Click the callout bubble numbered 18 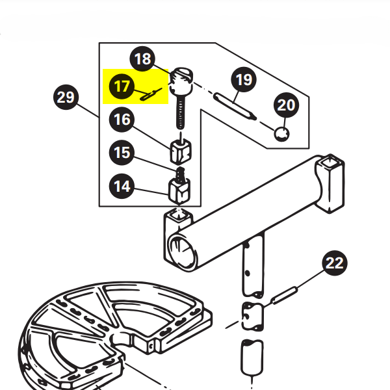[142, 59]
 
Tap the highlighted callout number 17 [122, 86]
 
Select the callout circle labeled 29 [66, 97]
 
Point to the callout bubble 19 [244, 79]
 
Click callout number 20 [286, 105]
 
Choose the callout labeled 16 [122, 120]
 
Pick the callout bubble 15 [122, 153]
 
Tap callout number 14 [122, 186]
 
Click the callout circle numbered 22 [335, 263]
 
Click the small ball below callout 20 [281, 134]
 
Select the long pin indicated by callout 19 [235, 106]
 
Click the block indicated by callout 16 [181, 151]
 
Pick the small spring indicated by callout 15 [180, 174]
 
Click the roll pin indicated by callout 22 [284, 295]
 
